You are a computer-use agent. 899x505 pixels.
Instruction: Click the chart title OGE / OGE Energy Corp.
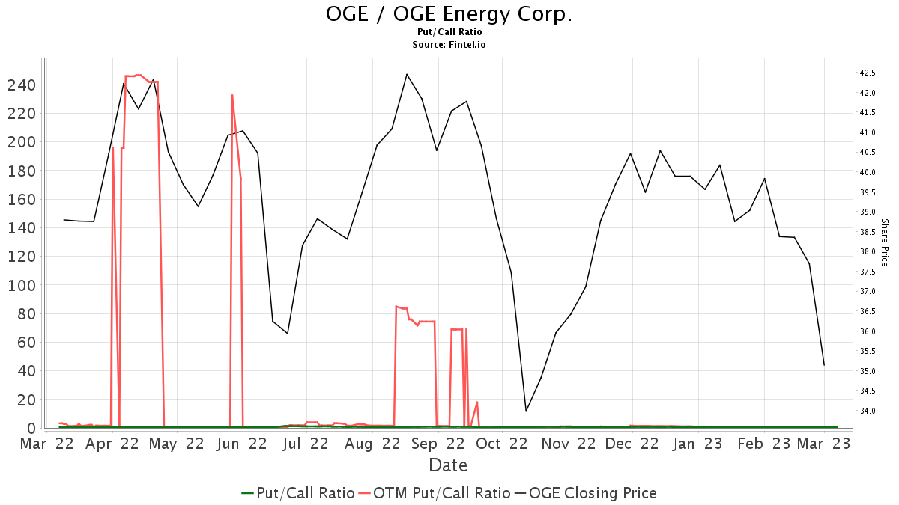[449, 14]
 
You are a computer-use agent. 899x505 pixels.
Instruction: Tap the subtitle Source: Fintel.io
[449, 45]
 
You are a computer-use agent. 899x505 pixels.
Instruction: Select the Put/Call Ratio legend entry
[298, 493]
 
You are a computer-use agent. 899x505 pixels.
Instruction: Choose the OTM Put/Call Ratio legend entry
[435, 493]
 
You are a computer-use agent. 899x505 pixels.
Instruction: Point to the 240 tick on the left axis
[22, 85]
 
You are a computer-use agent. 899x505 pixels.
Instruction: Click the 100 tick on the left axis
[22, 285]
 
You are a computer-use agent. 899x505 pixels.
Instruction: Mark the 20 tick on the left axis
[26, 400]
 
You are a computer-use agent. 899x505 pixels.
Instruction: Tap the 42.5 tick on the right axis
[868, 73]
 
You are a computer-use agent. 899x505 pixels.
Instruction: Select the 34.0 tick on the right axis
[868, 411]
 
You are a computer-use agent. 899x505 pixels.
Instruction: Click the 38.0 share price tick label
[868, 251]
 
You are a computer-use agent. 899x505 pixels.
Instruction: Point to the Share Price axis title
[884, 242]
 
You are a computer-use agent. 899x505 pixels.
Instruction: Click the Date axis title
[448, 465]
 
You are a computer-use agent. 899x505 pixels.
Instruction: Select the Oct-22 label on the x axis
[503, 444]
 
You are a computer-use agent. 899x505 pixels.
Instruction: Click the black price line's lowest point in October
[526, 411]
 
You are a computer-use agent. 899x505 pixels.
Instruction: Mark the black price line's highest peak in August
[406, 74]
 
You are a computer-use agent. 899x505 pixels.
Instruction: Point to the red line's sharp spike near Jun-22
[231, 95]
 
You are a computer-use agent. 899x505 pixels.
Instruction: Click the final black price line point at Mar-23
[824, 365]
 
